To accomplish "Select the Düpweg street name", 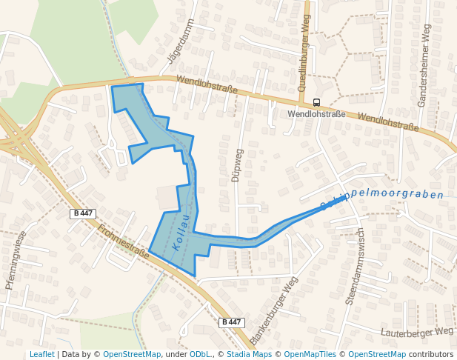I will point(237,164).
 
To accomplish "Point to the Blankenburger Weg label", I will point(274,310).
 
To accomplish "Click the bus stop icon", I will point(317,102).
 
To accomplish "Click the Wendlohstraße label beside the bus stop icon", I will point(316,114).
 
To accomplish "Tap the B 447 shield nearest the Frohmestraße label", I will point(83,213).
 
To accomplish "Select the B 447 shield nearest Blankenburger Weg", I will point(232,322).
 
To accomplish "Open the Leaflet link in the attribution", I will point(41,355).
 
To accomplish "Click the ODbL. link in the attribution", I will point(201,355).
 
